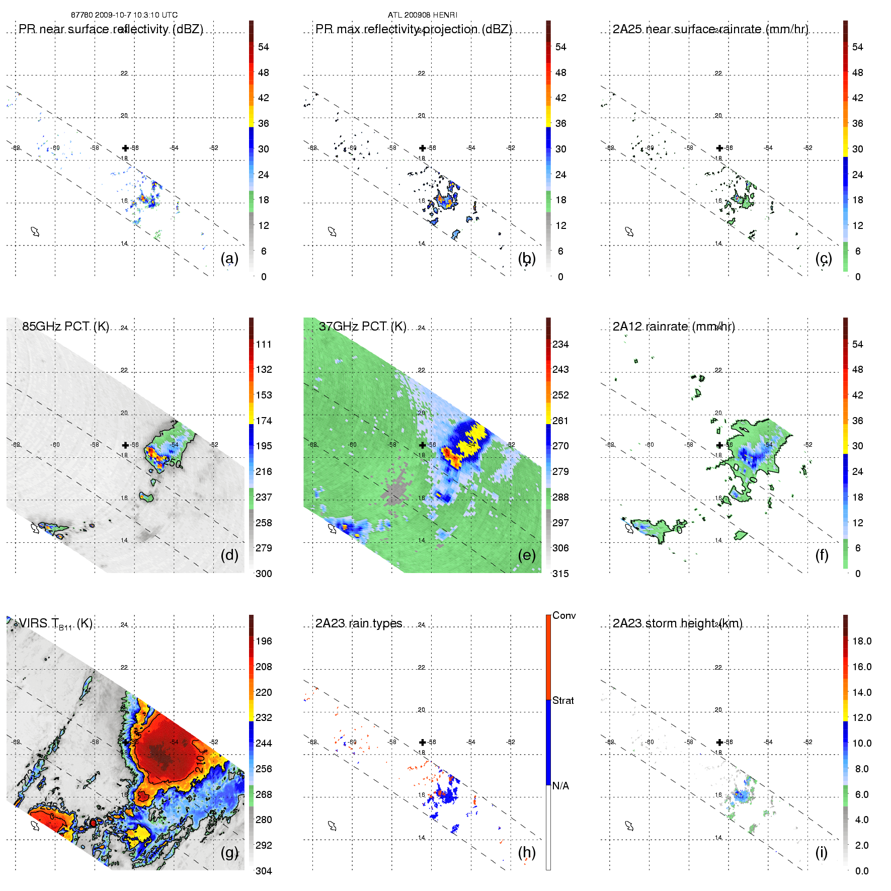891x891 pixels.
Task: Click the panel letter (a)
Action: pyautogui.click(x=229, y=259)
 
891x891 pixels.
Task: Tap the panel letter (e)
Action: pyautogui.click(x=526, y=555)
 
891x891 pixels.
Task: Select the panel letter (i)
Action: pyautogui.click(x=821, y=853)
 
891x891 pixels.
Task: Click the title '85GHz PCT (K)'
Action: pyautogui.click(x=65, y=327)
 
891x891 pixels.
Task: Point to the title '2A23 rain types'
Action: pyautogui.click(x=359, y=623)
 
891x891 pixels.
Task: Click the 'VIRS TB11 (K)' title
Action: pyautogui.click(x=55, y=624)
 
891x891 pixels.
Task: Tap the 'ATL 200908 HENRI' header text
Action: pyautogui.click(x=423, y=15)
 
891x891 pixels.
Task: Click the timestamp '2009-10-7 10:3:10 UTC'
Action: pyautogui.click(x=136, y=15)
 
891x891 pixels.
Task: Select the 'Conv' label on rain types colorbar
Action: pyautogui.click(x=564, y=615)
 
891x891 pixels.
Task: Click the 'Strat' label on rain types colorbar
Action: pyautogui.click(x=563, y=700)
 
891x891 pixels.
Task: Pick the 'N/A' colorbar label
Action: pyautogui.click(x=560, y=786)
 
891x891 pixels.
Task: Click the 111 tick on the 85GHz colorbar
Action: pyautogui.click(x=264, y=344)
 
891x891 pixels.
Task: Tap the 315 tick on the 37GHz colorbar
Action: pyautogui.click(x=560, y=574)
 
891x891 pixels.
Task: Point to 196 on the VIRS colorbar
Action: pyautogui.click(x=264, y=641)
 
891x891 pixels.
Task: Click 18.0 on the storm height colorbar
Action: pyautogui.click(x=862, y=641)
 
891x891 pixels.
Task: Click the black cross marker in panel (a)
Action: pyautogui.click(x=125, y=148)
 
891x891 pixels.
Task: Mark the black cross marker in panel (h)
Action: pyautogui.click(x=423, y=742)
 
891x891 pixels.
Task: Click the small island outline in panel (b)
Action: pyautogui.click(x=332, y=231)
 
